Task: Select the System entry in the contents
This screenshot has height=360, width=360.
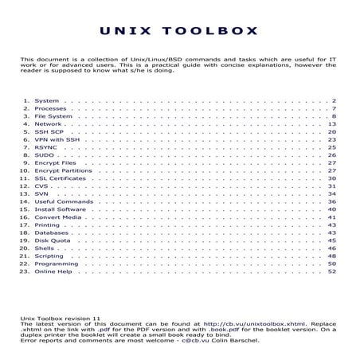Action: pyautogui.click(x=47, y=102)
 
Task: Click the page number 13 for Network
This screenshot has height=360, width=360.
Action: pyautogui.click(x=332, y=125)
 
